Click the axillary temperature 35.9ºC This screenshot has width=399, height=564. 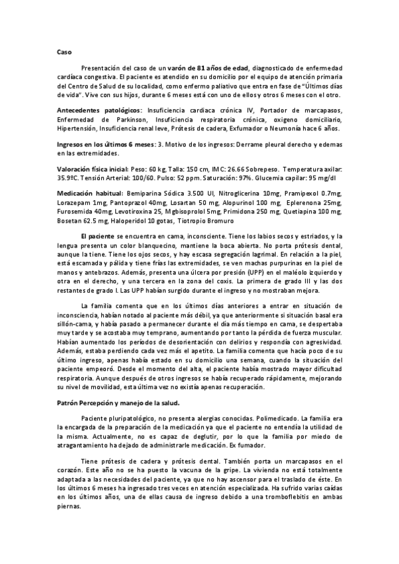(x=69, y=178)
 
